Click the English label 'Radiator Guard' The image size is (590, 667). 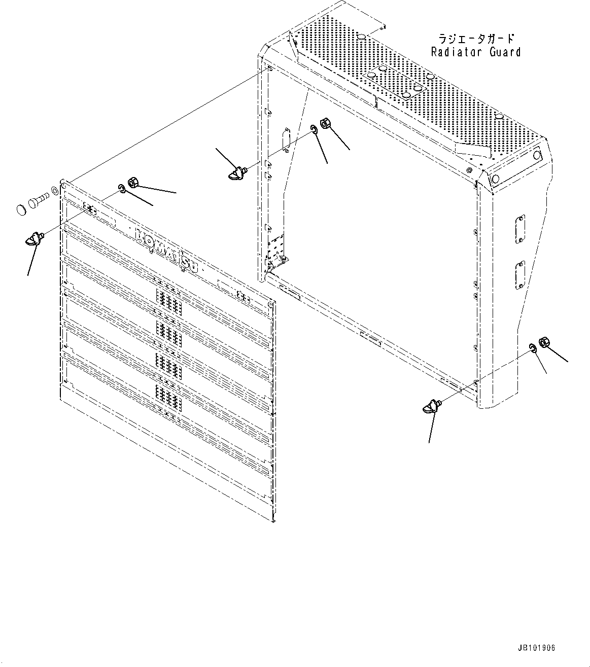click(x=475, y=52)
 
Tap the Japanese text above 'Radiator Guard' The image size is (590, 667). click(x=475, y=39)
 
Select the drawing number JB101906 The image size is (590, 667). click(x=536, y=648)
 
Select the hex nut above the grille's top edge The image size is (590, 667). click(x=133, y=182)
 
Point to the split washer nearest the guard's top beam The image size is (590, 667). click(x=314, y=131)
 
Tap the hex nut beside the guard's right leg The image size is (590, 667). click(x=543, y=342)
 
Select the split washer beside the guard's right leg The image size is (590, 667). click(x=533, y=347)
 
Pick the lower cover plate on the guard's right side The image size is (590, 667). click(x=519, y=275)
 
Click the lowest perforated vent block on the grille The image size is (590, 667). click(x=168, y=397)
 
